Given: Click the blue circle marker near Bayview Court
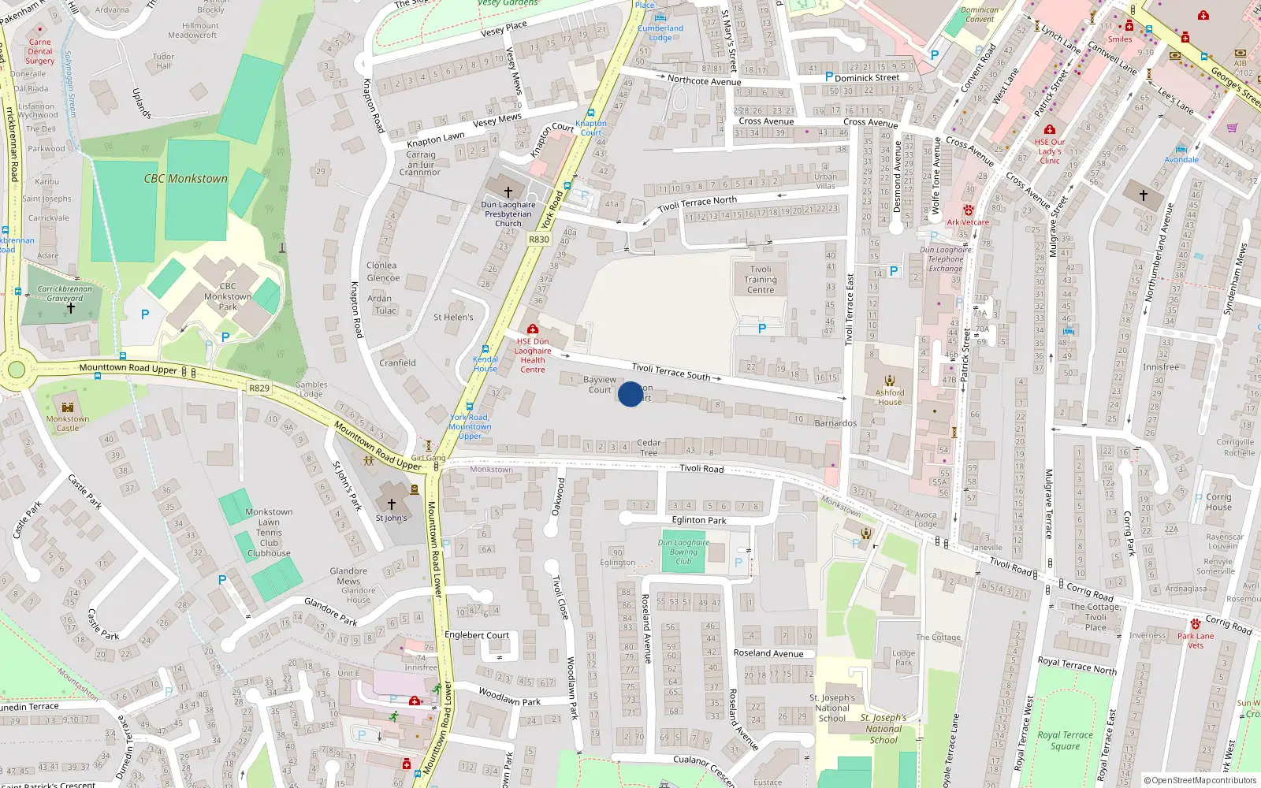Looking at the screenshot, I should coord(630,394).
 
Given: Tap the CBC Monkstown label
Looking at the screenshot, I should coord(185,179).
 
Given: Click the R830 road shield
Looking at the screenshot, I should coord(539,240).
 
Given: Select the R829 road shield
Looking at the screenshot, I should coord(259,388).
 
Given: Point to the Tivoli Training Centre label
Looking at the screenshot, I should coord(761,280).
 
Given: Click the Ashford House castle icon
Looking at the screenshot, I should coord(890,381).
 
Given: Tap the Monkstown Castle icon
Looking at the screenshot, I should coord(68,407).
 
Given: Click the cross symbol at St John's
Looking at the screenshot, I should coord(392,504).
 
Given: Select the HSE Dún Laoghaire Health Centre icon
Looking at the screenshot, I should coord(533,329).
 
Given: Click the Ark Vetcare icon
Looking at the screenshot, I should coord(968,210).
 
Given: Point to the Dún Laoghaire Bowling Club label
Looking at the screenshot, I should coord(683,552).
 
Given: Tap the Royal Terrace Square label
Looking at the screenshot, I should coord(1065,741).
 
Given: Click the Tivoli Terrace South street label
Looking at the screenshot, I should coord(671,371).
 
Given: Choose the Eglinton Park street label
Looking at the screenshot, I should coord(699,520).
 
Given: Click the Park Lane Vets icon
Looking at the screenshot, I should coord(1196,624).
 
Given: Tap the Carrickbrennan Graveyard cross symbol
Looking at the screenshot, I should coord(71,308).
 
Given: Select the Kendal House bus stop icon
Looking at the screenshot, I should coord(485,348).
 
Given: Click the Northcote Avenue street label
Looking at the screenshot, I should coord(704,81).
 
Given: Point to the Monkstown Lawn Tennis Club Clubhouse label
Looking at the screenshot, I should coord(269,533).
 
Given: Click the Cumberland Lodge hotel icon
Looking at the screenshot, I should coord(660,17).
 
